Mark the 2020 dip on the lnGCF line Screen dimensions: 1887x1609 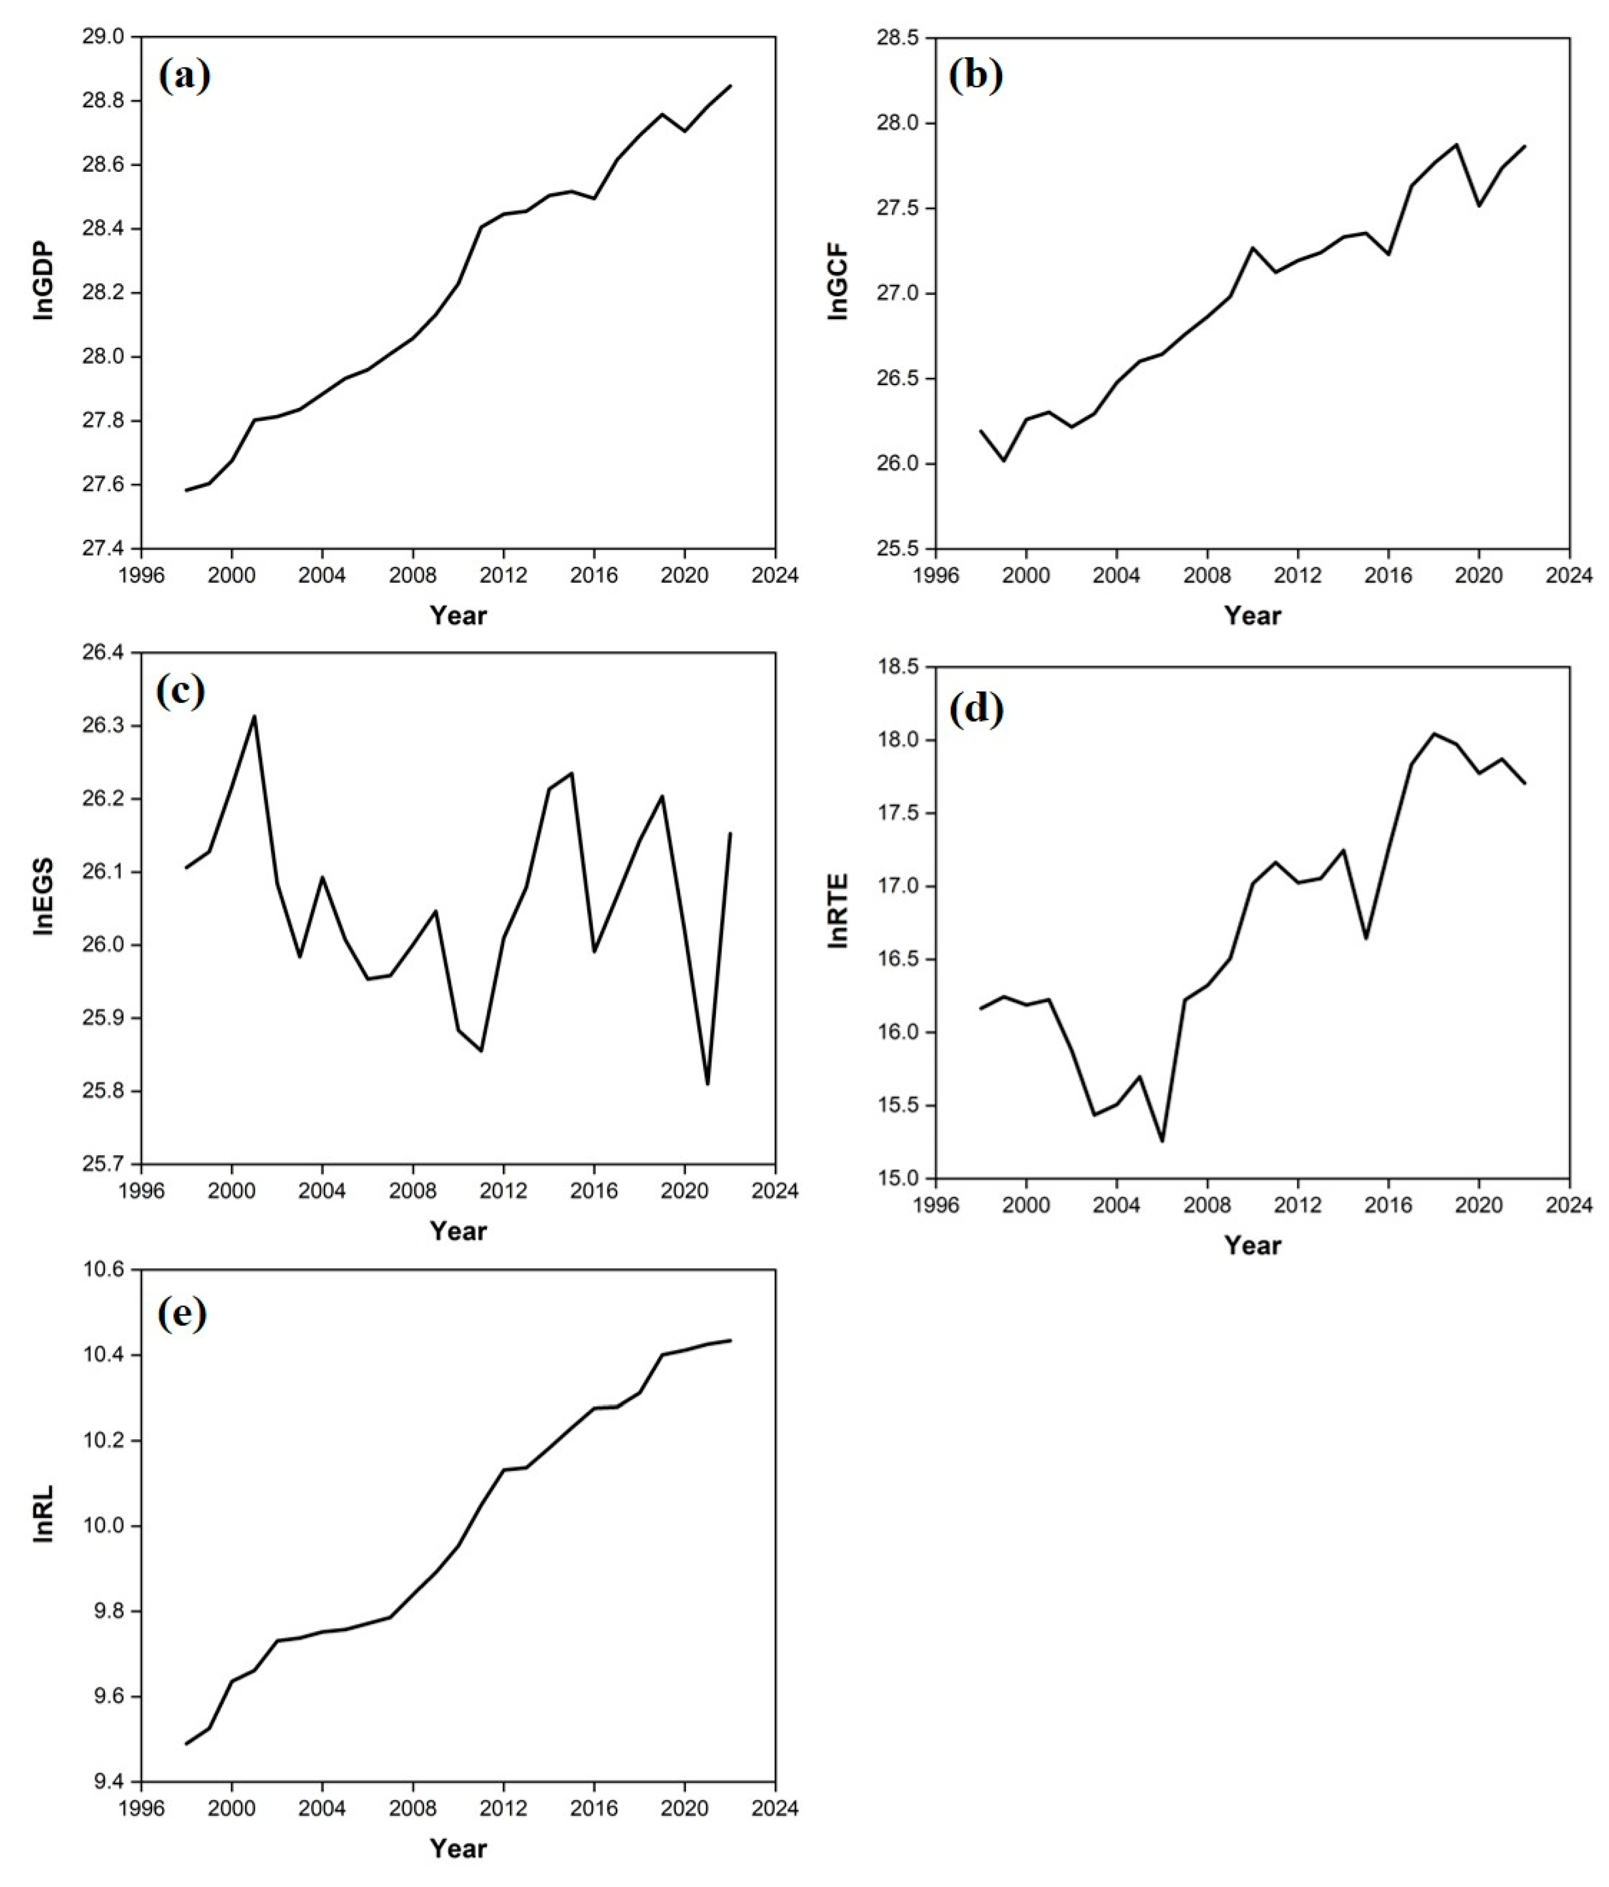pyautogui.click(x=1479, y=206)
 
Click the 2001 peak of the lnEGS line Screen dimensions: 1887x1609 pyautogui.click(x=254, y=716)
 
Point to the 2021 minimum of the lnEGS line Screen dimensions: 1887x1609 pyautogui.click(x=707, y=1084)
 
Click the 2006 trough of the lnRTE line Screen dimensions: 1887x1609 pyautogui.click(x=1161, y=1141)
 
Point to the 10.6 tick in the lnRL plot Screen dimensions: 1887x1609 pyautogui.click(x=107, y=1269)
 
